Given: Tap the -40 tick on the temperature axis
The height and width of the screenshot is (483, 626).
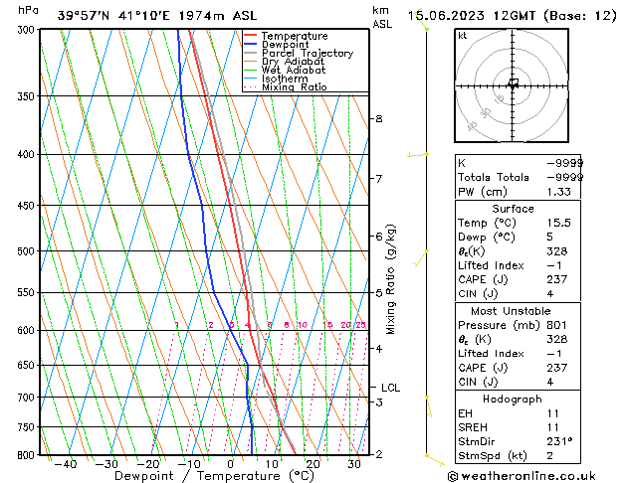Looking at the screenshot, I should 66,464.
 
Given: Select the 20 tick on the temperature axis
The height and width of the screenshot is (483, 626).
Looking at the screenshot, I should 313,464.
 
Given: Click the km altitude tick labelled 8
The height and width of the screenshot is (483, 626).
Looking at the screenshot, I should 378,119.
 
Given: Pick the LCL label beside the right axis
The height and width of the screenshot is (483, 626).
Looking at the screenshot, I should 391,388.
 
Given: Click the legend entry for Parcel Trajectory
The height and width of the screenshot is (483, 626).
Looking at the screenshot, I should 307,54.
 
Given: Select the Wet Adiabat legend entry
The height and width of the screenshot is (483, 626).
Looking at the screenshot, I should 294,71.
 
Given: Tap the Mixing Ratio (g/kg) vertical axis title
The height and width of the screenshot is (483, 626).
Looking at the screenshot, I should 392,279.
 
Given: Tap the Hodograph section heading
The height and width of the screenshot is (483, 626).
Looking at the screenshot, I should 514,399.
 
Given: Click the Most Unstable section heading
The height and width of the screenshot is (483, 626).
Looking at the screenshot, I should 513,311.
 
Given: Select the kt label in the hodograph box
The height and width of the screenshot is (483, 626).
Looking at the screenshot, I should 462,35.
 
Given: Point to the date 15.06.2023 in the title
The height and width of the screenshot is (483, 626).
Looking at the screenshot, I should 448,15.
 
